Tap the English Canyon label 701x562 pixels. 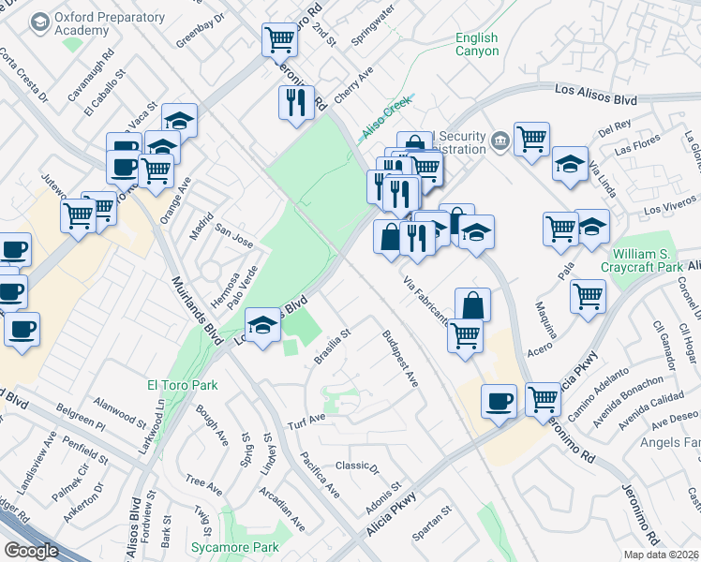476,44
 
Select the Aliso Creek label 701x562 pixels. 387,117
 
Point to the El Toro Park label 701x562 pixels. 182,385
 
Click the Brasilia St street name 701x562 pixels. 332,348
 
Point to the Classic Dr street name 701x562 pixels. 356,466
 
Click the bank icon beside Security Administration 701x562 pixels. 500,142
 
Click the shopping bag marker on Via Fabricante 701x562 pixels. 473,304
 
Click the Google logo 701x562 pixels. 33,550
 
